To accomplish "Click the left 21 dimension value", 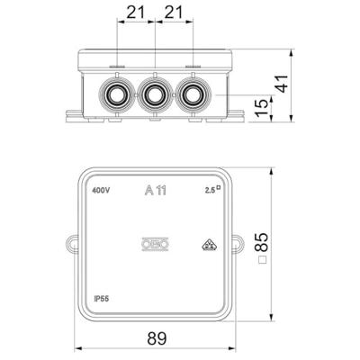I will pos(136,13).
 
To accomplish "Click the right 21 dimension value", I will pos(174,13).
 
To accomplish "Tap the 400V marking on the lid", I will pos(102,191).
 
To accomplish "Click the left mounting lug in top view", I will pos(72,243).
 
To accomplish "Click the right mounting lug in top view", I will pos(238,243).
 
